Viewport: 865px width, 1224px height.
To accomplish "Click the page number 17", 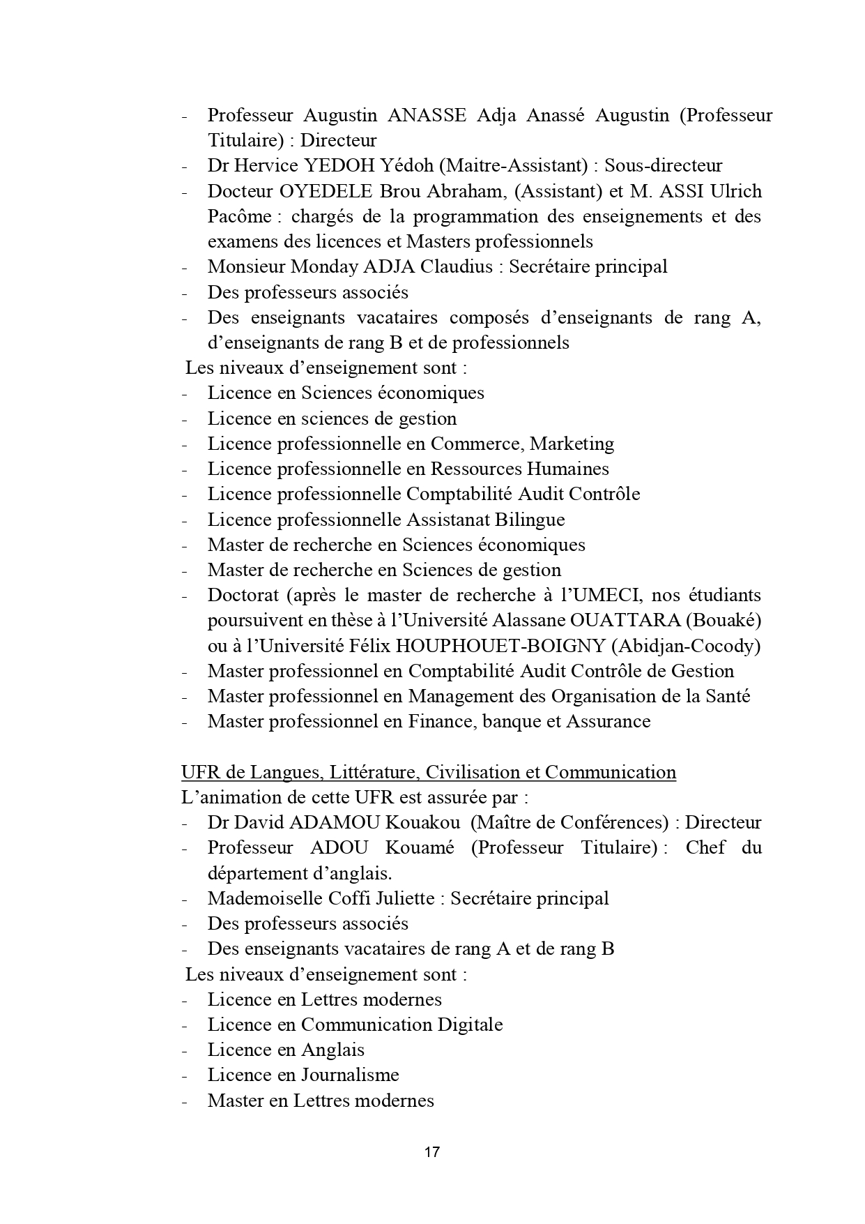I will point(431,1151).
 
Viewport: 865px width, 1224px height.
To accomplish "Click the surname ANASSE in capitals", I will point(427,115).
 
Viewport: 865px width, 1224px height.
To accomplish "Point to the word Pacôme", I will point(239,216).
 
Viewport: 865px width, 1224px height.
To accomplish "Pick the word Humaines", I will point(567,469).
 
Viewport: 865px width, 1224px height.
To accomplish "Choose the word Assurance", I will point(608,721).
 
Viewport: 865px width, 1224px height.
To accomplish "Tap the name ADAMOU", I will point(333,822).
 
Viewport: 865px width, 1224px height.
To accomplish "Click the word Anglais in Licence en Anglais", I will point(332,1050).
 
